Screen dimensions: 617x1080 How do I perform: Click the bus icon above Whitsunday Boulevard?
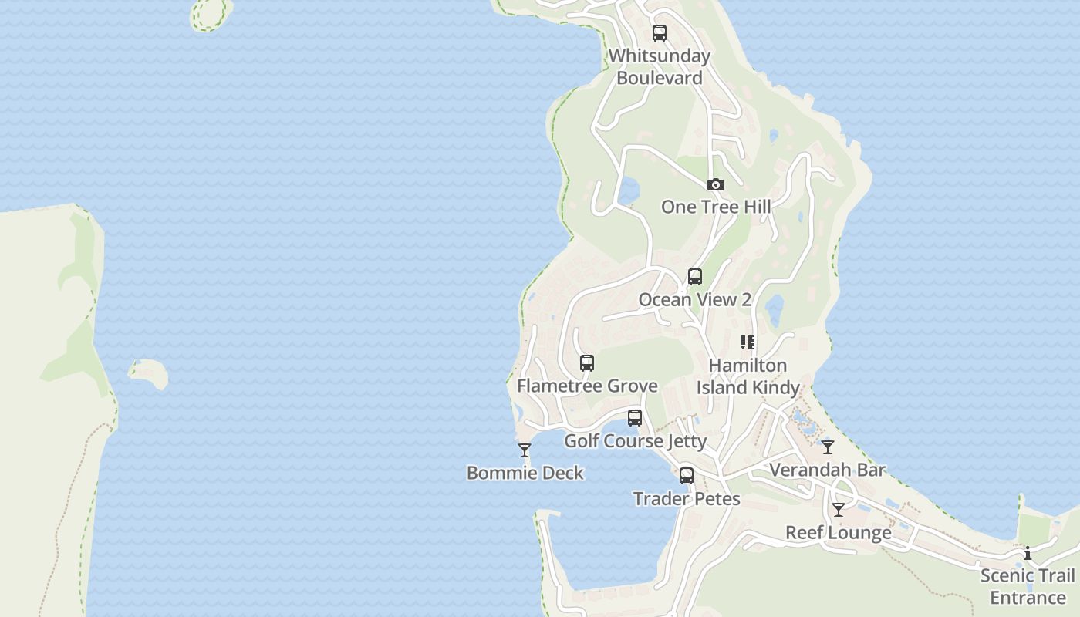coord(660,33)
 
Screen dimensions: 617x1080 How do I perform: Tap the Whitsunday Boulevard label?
coord(660,67)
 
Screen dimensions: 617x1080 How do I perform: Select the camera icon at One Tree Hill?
coord(716,185)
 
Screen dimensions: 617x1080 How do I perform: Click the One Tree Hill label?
coord(716,207)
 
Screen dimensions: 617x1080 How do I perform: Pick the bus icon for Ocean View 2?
coord(695,277)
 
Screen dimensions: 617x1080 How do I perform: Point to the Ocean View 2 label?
coord(695,299)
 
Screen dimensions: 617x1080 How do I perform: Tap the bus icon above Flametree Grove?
coord(587,363)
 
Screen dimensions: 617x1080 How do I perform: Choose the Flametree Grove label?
coord(587,386)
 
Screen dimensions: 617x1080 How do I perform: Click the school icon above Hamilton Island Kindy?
coord(748,342)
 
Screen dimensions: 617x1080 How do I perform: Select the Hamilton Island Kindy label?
coord(748,376)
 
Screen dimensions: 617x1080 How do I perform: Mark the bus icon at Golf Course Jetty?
coord(635,418)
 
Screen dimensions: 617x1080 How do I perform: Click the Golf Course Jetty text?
coord(635,441)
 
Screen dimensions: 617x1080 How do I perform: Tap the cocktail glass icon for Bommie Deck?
coord(525,450)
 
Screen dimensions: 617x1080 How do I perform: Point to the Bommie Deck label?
coord(525,473)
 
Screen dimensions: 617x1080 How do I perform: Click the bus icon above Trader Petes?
coord(687,476)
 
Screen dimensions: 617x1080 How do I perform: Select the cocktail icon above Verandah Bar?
coord(828,447)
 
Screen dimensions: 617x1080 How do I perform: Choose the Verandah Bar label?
coord(828,470)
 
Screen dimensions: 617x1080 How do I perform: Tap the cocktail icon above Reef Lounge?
coord(839,510)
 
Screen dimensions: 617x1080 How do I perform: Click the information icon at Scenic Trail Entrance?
coord(1028,553)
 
